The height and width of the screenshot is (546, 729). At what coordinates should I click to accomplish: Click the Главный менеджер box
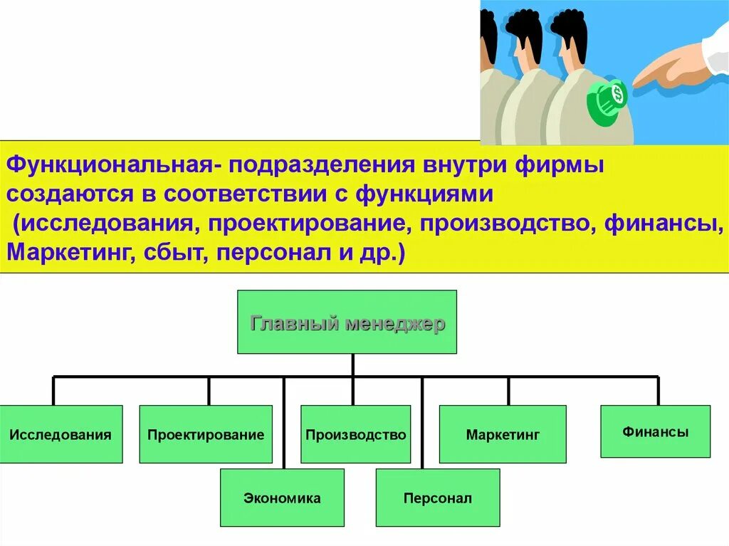[347, 322]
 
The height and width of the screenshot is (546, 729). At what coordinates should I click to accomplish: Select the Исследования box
[61, 434]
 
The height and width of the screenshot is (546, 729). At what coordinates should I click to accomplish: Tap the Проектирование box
[206, 434]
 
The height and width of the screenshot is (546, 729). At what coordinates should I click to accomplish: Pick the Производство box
[355, 434]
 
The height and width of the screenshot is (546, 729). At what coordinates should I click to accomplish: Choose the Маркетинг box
[503, 434]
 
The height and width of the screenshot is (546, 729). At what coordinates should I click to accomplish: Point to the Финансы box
[655, 431]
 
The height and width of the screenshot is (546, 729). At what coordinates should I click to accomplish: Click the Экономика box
[282, 498]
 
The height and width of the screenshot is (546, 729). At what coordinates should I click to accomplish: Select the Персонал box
[437, 498]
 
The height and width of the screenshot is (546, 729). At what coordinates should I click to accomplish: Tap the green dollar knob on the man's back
[607, 99]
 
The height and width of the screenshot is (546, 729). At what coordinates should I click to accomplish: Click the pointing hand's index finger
[651, 74]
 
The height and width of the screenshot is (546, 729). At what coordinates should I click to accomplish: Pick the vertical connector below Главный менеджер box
[352, 364]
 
